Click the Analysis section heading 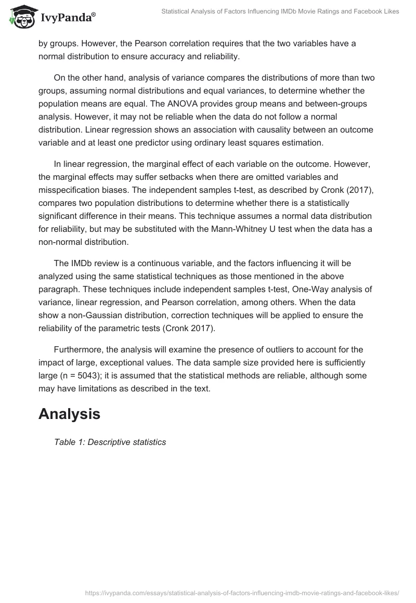tap(69, 414)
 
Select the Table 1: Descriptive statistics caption tap(110, 442)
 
